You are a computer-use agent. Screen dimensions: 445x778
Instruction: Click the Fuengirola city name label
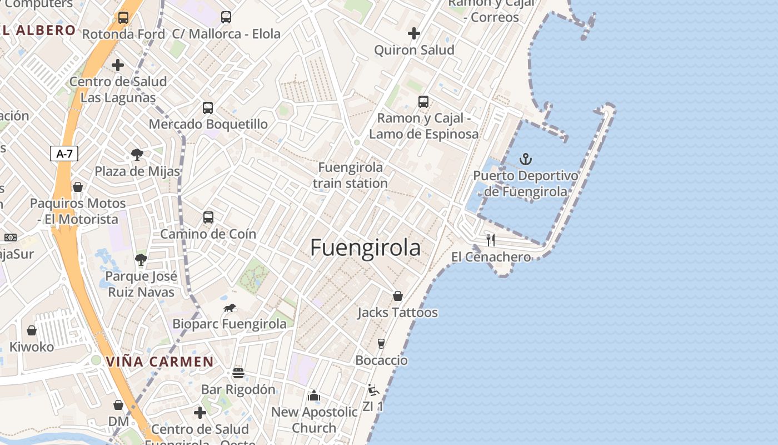pyautogui.click(x=365, y=248)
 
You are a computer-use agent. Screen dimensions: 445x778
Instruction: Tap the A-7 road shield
pyautogui.click(x=64, y=154)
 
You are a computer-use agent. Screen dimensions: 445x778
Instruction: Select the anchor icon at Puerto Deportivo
pyautogui.click(x=525, y=160)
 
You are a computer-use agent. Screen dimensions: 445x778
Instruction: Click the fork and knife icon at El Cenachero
pyautogui.click(x=491, y=240)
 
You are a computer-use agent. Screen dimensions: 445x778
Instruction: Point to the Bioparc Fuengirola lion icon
pyautogui.click(x=230, y=308)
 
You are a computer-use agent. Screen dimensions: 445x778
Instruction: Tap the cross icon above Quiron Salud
pyautogui.click(x=414, y=33)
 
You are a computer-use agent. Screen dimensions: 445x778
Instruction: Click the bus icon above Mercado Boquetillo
pyautogui.click(x=208, y=108)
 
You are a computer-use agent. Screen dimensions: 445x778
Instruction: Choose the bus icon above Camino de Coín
pyautogui.click(x=208, y=217)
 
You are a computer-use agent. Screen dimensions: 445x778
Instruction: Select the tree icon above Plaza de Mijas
pyautogui.click(x=137, y=155)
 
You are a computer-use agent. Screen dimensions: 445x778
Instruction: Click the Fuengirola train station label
pyautogui.click(x=350, y=175)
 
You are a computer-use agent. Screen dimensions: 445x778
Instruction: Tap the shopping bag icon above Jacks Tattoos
pyautogui.click(x=398, y=296)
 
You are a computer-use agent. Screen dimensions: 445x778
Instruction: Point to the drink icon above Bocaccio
pyautogui.click(x=381, y=344)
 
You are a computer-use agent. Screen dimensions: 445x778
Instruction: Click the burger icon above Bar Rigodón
pyautogui.click(x=238, y=373)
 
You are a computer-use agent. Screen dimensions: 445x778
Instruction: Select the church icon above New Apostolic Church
pyautogui.click(x=314, y=395)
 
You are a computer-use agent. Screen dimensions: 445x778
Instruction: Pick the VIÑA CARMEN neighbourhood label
pyautogui.click(x=159, y=362)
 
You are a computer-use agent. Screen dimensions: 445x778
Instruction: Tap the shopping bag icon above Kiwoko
pyautogui.click(x=32, y=330)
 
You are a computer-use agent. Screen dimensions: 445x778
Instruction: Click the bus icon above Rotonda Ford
pyautogui.click(x=123, y=18)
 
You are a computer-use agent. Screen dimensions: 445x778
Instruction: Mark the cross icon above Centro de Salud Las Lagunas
pyautogui.click(x=118, y=65)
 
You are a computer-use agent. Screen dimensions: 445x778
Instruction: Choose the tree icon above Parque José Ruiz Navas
pyautogui.click(x=141, y=259)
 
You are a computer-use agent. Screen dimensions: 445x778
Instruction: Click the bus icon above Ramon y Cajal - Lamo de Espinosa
pyautogui.click(x=423, y=102)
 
